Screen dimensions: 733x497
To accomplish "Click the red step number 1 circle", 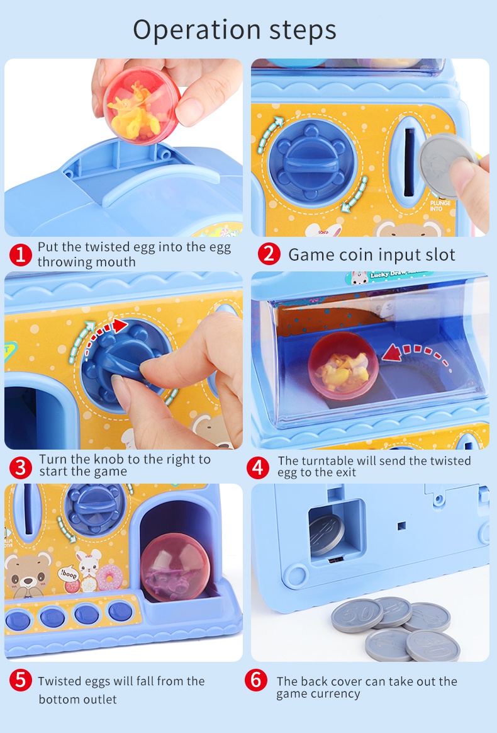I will pos(21,254).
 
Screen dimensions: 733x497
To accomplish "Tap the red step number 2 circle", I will pos(269,254).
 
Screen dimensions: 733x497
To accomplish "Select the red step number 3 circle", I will pos(21,467).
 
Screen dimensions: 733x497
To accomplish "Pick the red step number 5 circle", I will pos(21,681).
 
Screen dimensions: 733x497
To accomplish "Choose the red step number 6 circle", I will pos(255,681).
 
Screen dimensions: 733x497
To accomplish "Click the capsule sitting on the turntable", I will pos(342,366).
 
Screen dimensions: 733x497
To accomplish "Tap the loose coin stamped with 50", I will pos(357,615).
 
